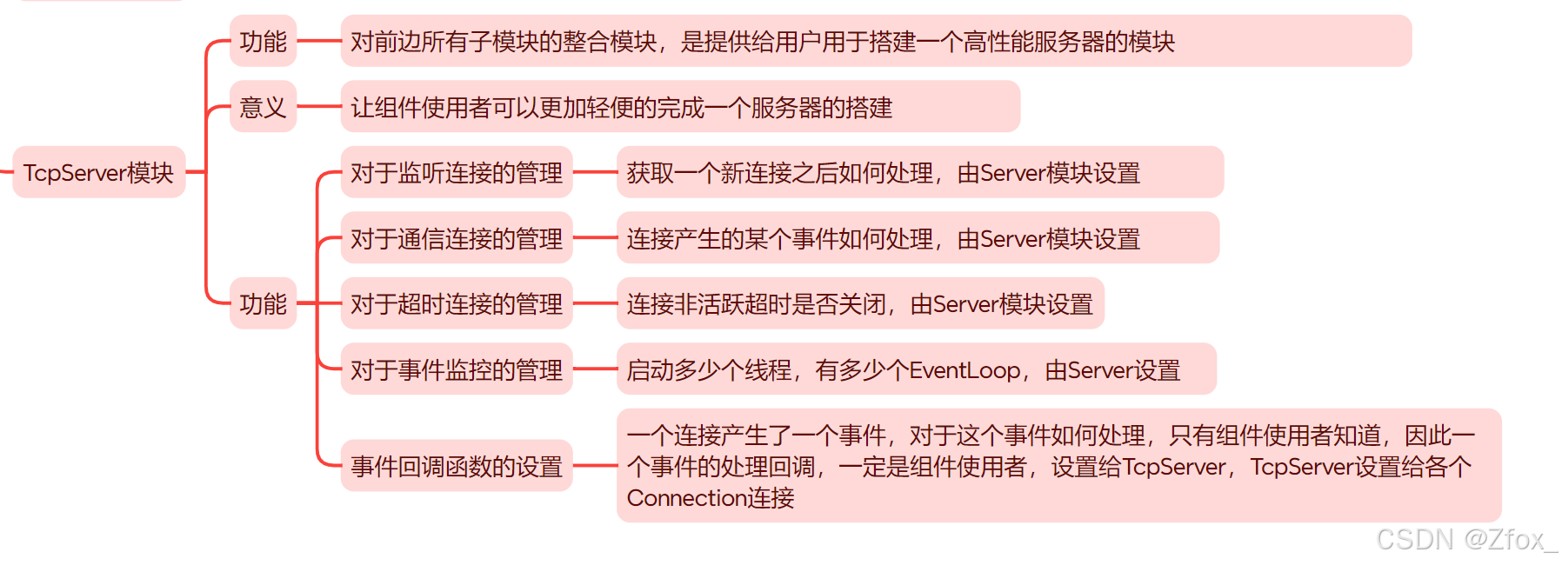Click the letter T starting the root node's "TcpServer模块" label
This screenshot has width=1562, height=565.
click(30, 173)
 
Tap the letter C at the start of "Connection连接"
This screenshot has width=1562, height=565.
click(636, 498)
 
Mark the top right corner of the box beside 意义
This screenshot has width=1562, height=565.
click(1019, 81)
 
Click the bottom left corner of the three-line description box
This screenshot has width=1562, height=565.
click(617, 522)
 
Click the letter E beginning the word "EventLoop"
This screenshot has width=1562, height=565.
click(917, 370)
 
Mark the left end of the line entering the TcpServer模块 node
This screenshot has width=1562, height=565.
click(1, 172)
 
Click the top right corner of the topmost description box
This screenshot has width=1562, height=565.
click(1411, 16)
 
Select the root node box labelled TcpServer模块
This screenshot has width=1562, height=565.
click(99, 172)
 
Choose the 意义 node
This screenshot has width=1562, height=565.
click(263, 107)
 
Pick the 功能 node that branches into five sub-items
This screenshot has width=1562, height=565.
click(263, 303)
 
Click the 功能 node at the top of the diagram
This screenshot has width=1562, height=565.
click(263, 41)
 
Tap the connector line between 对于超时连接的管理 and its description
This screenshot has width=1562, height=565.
click(595, 303)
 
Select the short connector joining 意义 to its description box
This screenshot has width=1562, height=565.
click(318, 107)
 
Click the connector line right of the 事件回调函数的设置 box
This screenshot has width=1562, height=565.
click(595, 466)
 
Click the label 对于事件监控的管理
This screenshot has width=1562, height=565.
click(457, 370)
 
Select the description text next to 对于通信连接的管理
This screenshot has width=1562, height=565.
click(883, 239)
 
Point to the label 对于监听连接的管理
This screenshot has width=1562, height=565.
click(457, 173)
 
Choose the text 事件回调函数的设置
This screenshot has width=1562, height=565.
click(457, 467)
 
